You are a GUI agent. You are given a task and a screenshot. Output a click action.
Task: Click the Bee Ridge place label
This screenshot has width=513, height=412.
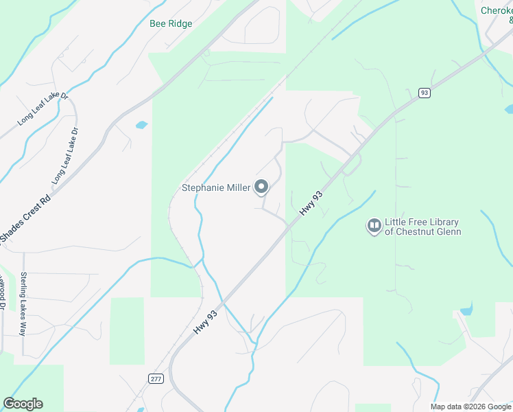[171, 23]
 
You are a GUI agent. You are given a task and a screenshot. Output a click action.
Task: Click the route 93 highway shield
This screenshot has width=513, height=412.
[425, 93]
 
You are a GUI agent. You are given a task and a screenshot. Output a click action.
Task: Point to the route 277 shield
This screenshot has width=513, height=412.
[155, 378]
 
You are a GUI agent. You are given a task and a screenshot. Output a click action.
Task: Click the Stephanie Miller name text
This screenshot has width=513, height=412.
[215, 187]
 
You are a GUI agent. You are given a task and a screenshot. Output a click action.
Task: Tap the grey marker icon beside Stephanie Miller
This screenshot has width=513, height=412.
[261, 186]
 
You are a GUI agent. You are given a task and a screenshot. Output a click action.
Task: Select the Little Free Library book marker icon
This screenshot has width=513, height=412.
[374, 225]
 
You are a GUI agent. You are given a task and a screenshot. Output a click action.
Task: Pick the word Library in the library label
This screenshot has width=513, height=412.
[442, 222]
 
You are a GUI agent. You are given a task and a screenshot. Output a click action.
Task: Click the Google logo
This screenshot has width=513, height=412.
[23, 404]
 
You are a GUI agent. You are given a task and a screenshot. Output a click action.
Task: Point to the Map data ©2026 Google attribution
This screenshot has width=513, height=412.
[470, 407]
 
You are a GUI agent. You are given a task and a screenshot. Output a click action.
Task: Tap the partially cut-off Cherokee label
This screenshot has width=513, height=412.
[496, 11]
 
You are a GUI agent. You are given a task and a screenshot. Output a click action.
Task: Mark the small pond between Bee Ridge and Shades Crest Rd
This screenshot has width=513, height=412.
[141, 125]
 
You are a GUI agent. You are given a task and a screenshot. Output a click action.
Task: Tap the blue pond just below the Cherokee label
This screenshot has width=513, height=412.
[509, 108]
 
